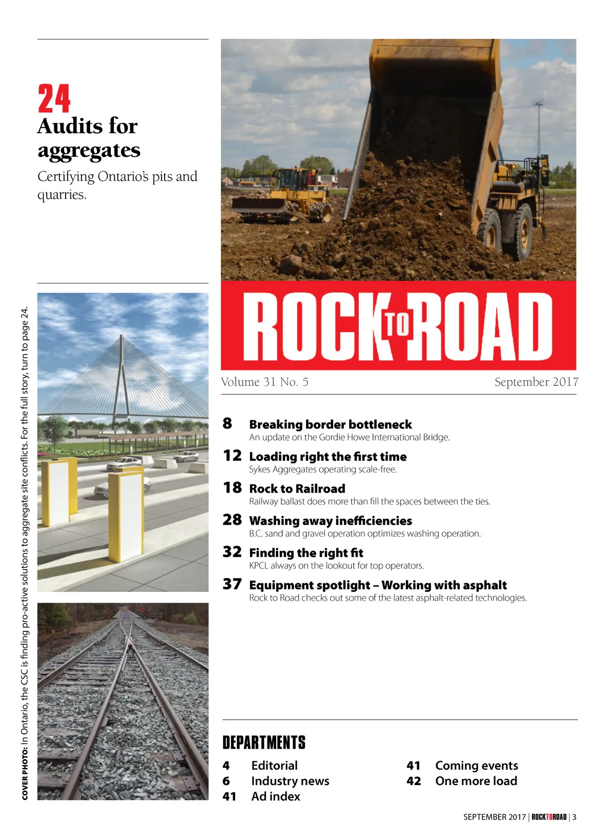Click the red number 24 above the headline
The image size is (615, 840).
(54, 99)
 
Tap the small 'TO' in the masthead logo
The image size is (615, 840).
(398, 324)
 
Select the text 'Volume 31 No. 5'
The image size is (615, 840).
(264, 382)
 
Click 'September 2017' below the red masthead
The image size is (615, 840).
(536, 382)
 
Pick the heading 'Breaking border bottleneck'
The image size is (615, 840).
(330, 425)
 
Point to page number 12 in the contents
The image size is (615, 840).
(232, 456)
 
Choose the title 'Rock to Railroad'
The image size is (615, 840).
(297, 489)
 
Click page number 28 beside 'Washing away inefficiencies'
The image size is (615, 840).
(232, 520)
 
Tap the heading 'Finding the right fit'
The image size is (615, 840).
(306, 553)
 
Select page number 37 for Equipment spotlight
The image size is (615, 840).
(232, 584)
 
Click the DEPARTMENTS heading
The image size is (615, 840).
(264, 743)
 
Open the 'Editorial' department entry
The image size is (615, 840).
(274, 766)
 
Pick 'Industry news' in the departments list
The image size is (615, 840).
(290, 781)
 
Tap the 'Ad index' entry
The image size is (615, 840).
(276, 796)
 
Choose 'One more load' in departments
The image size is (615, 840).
(476, 781)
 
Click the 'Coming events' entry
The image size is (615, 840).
(477, 766)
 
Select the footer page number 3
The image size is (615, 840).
(575, 817)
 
